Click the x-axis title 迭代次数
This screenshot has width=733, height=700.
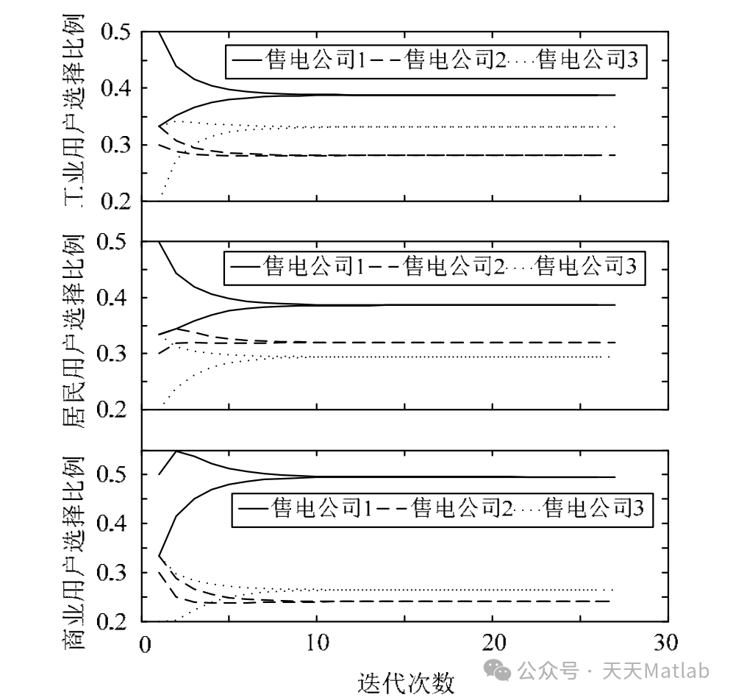[406, 683]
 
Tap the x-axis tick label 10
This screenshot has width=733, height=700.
[318, 643]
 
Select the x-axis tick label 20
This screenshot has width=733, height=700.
[493, 643]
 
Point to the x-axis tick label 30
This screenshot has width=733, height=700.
[667, 643]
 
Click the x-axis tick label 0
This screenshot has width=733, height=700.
[144, 643]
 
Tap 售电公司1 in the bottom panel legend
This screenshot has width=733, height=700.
[318, 508]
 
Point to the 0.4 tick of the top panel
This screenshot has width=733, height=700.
[116, 89]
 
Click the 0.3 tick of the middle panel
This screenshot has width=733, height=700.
[116, 354]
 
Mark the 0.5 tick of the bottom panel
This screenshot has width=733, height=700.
[116, 475]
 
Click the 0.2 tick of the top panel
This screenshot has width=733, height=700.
[116, 201]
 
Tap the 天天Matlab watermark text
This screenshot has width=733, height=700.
[657, 671]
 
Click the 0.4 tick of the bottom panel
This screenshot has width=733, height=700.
[116, 524]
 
